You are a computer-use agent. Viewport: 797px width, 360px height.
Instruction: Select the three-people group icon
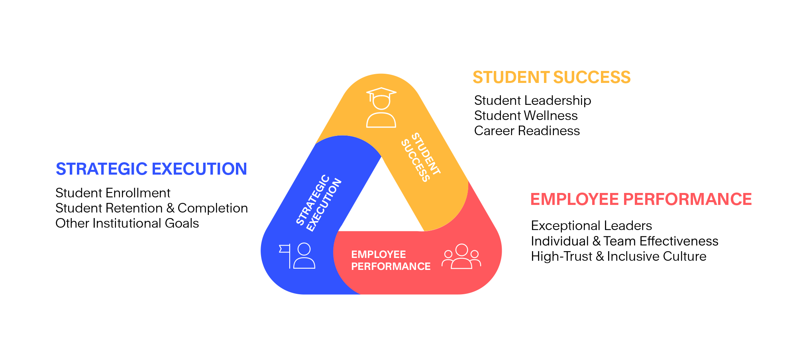coord(461,257)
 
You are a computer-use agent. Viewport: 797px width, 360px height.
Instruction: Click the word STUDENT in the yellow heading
coord(511,77)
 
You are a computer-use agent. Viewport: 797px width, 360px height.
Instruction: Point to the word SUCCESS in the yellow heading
coord(592,77)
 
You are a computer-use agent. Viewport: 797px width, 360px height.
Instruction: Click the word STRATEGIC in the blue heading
coord(102,169)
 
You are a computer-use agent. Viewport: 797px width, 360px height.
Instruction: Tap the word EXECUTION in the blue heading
coord(200,169)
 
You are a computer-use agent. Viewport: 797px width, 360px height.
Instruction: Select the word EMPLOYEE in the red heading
coord(574,199)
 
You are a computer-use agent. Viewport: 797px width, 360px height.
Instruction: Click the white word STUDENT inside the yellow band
coord(426,153)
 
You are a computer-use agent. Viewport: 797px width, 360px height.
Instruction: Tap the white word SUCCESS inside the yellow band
coord(415,161)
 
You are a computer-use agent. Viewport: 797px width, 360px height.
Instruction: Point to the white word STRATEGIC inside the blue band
coord(313,200)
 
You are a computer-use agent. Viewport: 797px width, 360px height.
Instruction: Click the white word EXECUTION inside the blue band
coord(324,205)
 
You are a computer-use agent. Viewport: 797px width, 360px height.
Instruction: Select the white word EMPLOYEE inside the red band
coord(379,254)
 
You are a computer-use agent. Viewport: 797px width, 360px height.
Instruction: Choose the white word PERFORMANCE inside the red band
coord(391,266)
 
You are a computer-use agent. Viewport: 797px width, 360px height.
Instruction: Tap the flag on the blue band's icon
coord(284,249)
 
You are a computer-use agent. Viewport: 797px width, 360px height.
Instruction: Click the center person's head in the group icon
coord(461,250)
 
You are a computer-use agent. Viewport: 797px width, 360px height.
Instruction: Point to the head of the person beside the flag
coord(304,249)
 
